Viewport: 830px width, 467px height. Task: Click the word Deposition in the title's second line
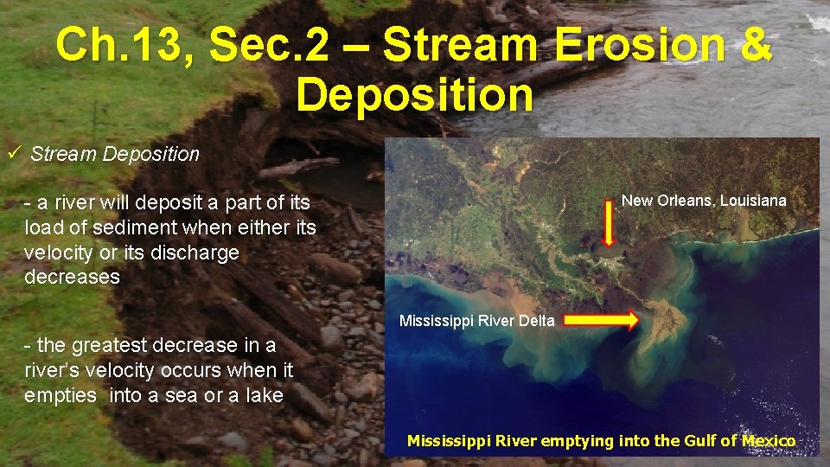coord(415,93)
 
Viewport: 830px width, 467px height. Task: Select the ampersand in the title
coord(754,45)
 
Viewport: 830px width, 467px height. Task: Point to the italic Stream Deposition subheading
coord(115,155)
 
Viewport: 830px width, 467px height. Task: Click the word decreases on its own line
coord(73,277)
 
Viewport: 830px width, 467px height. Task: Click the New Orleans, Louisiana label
coord(704,201)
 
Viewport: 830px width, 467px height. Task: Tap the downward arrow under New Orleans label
coord(608,227)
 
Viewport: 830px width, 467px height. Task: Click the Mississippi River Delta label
coord(476,321)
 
